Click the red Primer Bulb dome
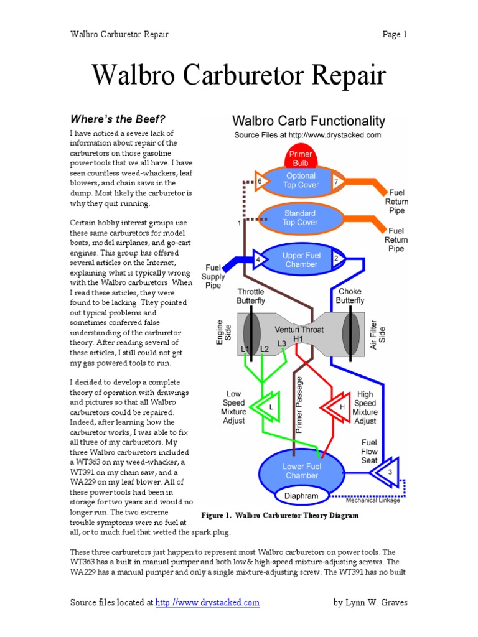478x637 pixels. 301,159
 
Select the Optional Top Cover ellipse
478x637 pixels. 301,180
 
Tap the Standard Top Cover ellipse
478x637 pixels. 300,218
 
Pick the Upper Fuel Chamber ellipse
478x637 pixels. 301,259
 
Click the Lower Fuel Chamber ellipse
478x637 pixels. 301,471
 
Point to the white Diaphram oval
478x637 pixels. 301,496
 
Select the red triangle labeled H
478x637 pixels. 337,407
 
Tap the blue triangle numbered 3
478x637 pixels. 388,473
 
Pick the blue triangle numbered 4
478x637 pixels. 258,259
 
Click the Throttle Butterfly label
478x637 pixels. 250,296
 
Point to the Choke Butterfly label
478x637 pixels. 350,296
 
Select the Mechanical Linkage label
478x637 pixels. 373,500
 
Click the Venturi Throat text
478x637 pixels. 301,330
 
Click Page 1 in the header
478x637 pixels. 395,34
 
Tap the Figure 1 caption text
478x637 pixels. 279,516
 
